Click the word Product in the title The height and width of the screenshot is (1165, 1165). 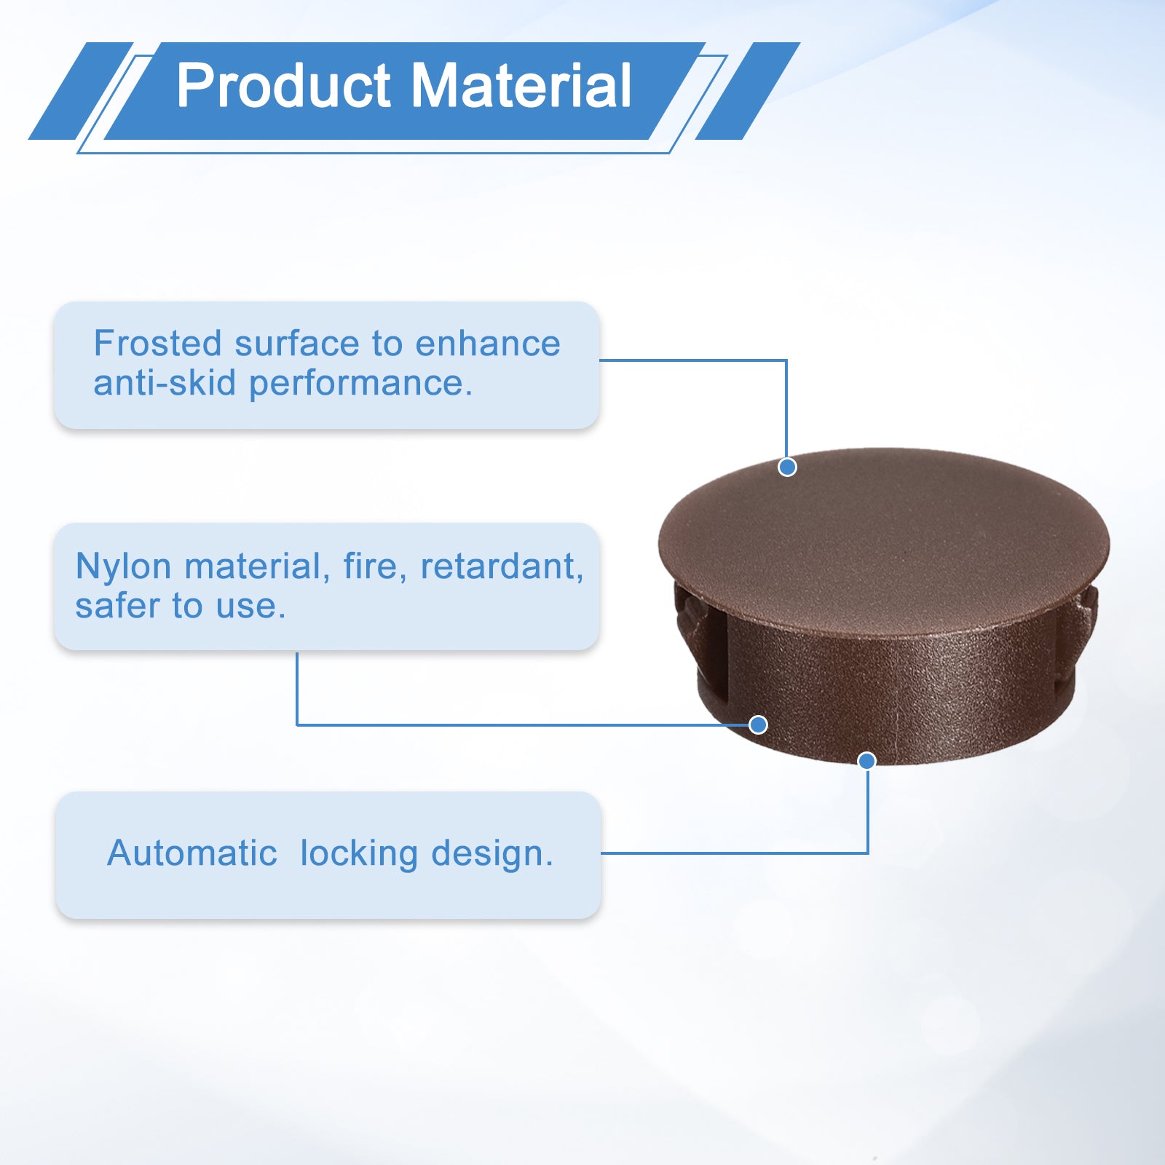pyautogui.click(x=284, y=86)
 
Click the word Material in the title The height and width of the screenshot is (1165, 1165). pyautogui.click(x=521, y=86)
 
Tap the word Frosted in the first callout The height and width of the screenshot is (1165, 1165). pyautogui.click(x=157, y=343)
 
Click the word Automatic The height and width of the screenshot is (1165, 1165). pyautogui.click(x=192, y=853)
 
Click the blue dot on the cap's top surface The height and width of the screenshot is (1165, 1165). pyautogui.click(x=787, y=467)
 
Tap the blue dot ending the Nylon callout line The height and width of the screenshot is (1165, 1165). pyautogui.click(x=758, y=724)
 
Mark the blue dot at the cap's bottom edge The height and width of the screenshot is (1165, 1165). pyautogui.click(x=866, y=761)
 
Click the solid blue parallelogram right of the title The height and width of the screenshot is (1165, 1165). pyautogui.click(x=748, y=91)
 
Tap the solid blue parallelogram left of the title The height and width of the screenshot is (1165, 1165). pyautogui.click(x=81, y=91)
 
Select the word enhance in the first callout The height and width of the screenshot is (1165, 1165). pyautogui.click(x=488, y=344)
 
